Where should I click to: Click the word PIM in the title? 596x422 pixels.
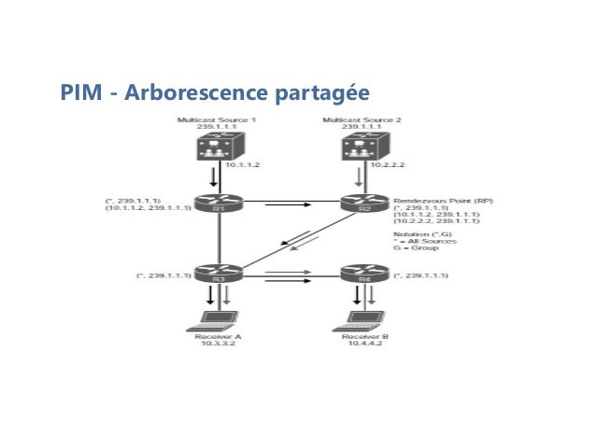[78, 93]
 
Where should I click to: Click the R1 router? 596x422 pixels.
[218, 204]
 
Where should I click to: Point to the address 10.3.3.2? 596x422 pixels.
[218, 343]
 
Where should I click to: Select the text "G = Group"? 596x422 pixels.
[416, 250]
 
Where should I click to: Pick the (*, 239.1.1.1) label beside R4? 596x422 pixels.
[422, 275]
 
